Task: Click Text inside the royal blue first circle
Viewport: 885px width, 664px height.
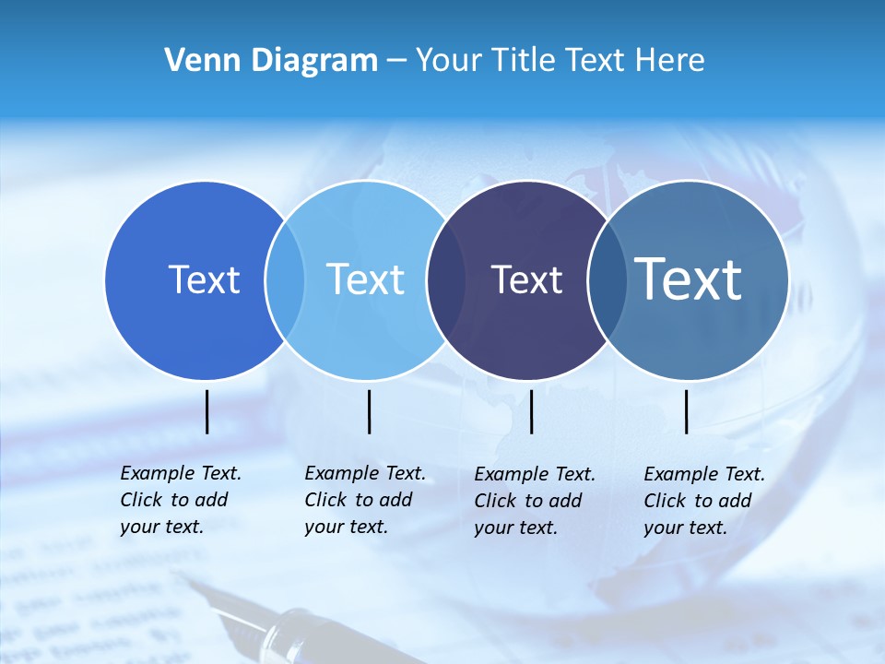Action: click(x=204, y=279)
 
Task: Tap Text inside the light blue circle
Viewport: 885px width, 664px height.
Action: click(x=365, y=279)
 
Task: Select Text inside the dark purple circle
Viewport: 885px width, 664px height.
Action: click(x=526, y=279)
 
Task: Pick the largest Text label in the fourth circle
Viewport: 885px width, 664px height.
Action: click(x=689, y=279)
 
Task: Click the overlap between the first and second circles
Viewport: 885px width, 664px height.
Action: click(x=285, y=279)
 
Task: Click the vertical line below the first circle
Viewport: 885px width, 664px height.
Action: click(x=207, y=411)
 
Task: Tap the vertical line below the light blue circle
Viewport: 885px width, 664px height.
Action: click(x=369, y=411)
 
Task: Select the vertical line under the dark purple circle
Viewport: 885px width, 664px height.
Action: click(x=532, y=411)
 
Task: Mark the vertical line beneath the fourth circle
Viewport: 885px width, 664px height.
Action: click(x=686, y=411)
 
